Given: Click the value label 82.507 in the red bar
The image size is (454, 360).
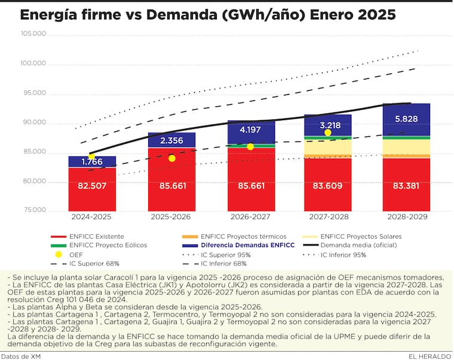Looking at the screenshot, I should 92,186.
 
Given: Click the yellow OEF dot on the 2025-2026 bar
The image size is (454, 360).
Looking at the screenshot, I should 172,158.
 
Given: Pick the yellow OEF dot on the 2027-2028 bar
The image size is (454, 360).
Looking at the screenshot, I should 328,133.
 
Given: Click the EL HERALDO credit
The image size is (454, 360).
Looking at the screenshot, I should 430,356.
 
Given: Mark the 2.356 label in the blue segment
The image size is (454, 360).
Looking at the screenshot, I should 171,141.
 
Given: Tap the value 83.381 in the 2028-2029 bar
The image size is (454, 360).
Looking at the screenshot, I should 406,186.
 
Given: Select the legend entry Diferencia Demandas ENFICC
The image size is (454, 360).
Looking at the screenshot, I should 248,245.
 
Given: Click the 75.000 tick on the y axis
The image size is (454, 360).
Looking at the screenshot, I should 34,210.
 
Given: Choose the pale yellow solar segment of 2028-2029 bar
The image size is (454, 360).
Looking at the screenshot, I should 406,147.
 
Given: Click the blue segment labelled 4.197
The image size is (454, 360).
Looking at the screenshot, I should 250,130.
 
